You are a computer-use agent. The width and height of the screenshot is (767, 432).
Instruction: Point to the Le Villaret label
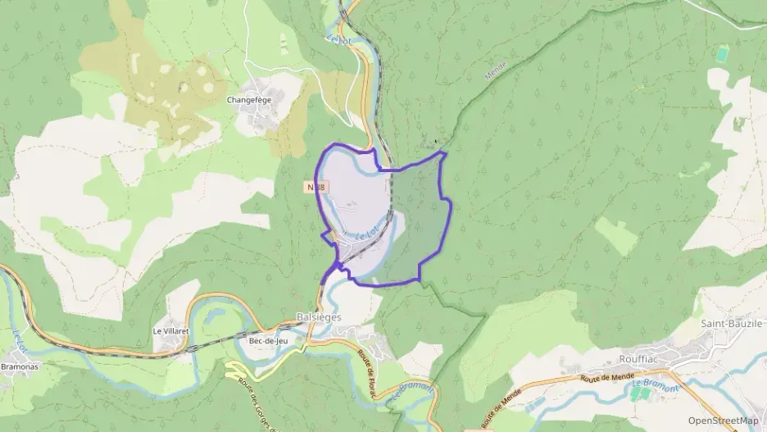(172, 331)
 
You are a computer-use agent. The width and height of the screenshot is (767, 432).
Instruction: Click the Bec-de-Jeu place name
(268, 341)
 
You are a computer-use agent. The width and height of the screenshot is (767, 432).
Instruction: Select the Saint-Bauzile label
(732, 324)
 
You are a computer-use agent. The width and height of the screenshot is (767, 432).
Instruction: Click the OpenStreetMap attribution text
(723, 421)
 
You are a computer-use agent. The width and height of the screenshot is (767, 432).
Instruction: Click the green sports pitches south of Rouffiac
(640, 394)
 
